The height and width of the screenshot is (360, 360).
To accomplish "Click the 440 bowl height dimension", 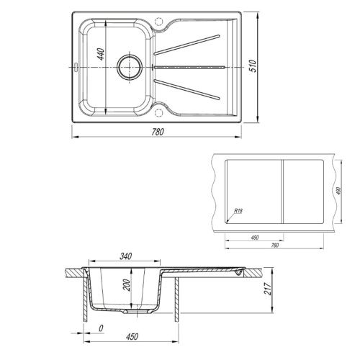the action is (x=102, y=55).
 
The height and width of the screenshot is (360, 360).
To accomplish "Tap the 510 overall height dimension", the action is (x=253, y=66).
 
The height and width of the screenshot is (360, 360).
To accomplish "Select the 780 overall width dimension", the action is (x=158, y=132).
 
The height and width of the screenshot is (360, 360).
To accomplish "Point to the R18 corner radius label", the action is (x=238, y=211).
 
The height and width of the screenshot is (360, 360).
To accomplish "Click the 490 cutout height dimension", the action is (x=339, y=191).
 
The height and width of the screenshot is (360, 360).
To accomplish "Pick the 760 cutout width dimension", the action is (x=275, y=246).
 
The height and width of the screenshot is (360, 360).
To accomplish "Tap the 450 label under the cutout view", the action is (x=255, y=238).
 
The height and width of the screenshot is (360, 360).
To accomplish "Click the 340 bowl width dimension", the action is (x=125, y=256).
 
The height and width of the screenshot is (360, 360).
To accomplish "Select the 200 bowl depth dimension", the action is (x=127, y=285).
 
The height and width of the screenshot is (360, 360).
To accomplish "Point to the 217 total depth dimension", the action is (x=267, y=289).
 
